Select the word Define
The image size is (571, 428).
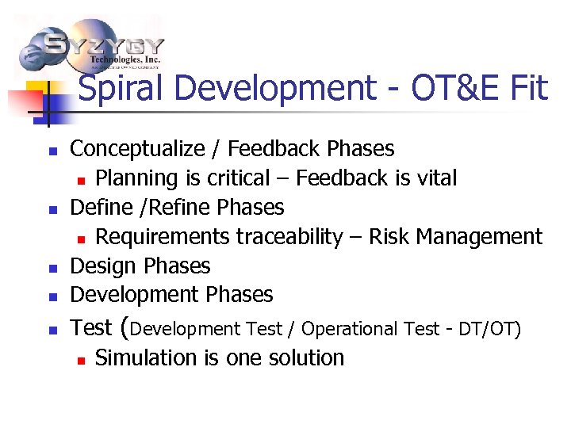click(99, 208)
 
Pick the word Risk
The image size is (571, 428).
click(390, 237)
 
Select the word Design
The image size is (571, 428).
click(101, 266)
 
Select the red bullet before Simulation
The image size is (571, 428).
click(81, 359)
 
